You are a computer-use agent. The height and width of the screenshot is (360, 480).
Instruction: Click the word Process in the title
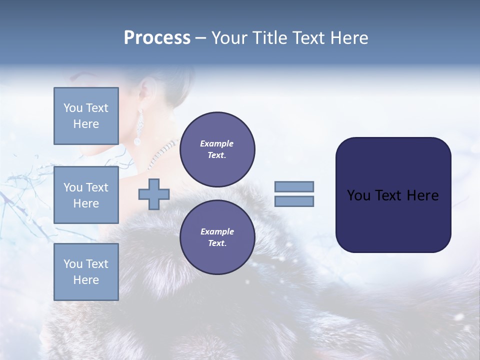click(x=157, y=38)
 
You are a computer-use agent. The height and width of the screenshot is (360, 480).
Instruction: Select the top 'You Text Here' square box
click(x=86, y=116)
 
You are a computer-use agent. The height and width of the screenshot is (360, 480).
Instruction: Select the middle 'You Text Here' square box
click(x=86, y=195)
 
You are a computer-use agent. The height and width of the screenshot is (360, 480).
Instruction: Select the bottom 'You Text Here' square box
click(x=86, y=272)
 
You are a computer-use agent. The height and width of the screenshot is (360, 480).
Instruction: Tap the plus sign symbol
click(x=154, y=194)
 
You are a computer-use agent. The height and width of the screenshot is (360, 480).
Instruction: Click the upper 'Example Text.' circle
click(x=217, y=149)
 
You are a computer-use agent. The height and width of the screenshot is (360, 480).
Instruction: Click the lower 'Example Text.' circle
click(x=217, y=237)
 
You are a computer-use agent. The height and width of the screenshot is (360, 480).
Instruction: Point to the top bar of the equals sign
click(x=294, y=186)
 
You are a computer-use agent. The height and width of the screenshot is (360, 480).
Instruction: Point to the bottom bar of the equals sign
click(x=294, y=201)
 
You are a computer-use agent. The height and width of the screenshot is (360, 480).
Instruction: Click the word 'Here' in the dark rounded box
click(x=422, y=195)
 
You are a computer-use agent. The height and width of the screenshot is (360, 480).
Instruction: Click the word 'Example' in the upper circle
click(x=217, y=143)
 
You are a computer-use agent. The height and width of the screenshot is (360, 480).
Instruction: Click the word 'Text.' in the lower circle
click(x=217, y=243)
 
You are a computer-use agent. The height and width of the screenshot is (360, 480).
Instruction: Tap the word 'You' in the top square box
click(x=73, y=108)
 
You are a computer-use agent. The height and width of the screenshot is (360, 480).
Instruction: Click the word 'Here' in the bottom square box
click(x=86, y=280)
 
